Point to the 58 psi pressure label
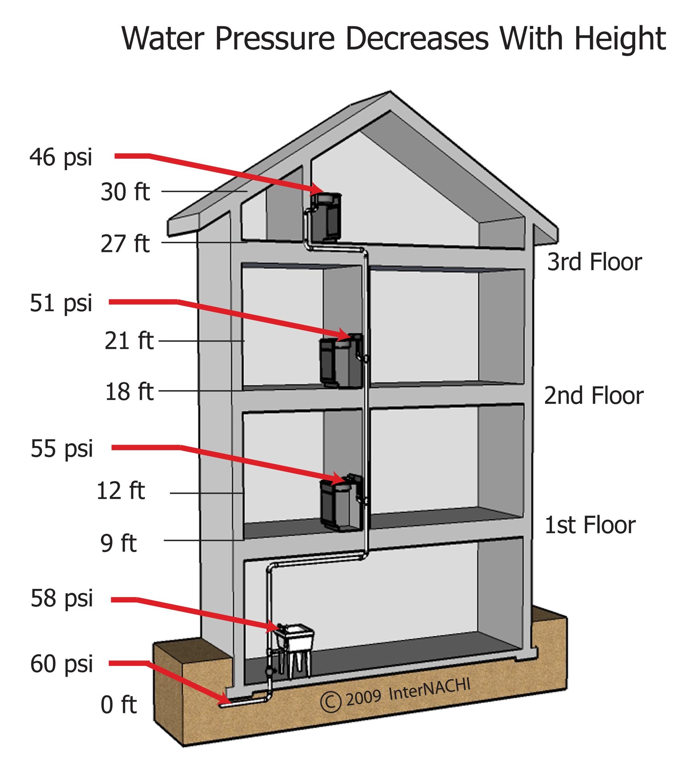point(62,598)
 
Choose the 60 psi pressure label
point(62,664)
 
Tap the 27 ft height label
point(125,244)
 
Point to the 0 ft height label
point(118,705)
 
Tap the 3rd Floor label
point(594,262)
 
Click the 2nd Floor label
point(594,396)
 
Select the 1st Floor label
point(590,525)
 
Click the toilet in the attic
point(326,217)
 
